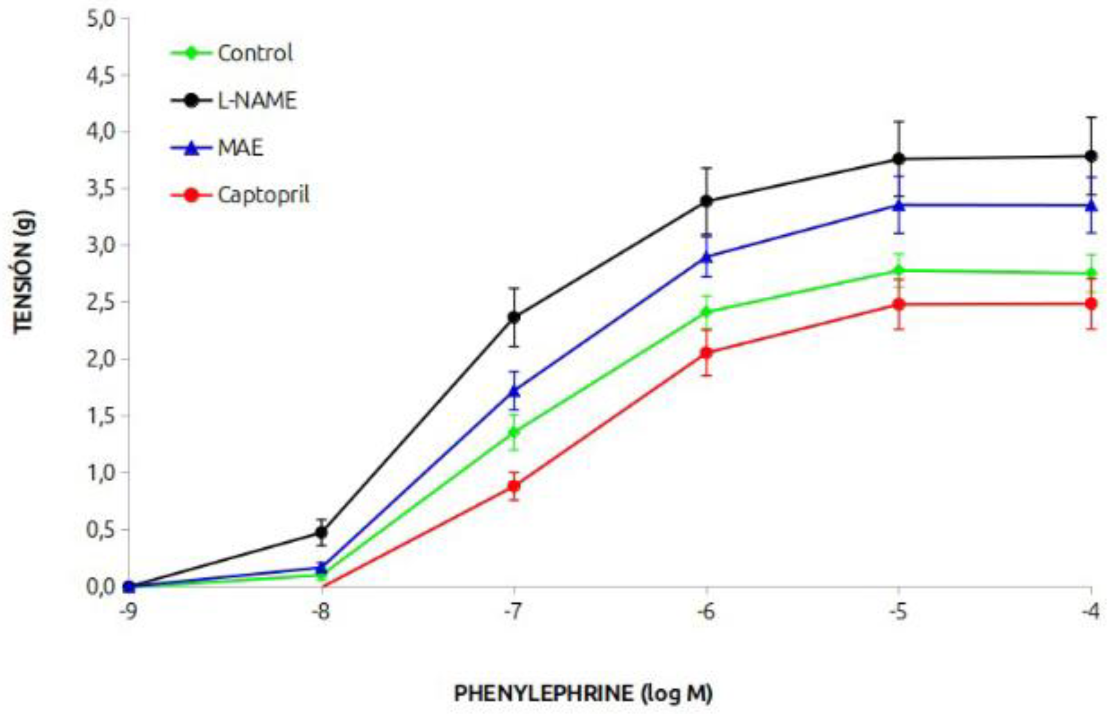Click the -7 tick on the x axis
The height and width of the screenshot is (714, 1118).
[514, 612]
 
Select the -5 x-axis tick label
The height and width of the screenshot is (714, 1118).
[898, 612]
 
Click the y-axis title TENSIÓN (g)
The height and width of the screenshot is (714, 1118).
[23, 272]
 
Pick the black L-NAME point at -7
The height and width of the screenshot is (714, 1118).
[514, 317]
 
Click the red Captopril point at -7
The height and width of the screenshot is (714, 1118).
[514, 486]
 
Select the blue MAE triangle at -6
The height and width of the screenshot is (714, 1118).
[706, 257]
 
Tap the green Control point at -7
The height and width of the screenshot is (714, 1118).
[514, 433]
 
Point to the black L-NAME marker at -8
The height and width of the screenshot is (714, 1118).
[321, 532]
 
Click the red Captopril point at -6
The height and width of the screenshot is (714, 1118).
[706, 353]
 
